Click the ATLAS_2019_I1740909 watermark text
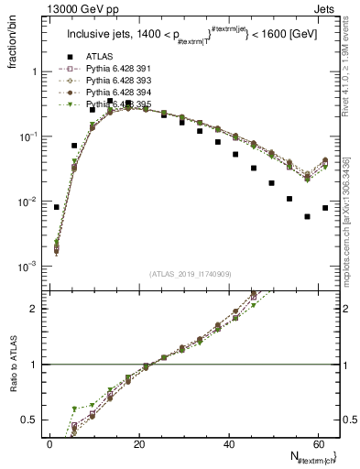tap(190, 273)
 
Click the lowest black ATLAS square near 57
tap(308, 217)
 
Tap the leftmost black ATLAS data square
tap(57, 207)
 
